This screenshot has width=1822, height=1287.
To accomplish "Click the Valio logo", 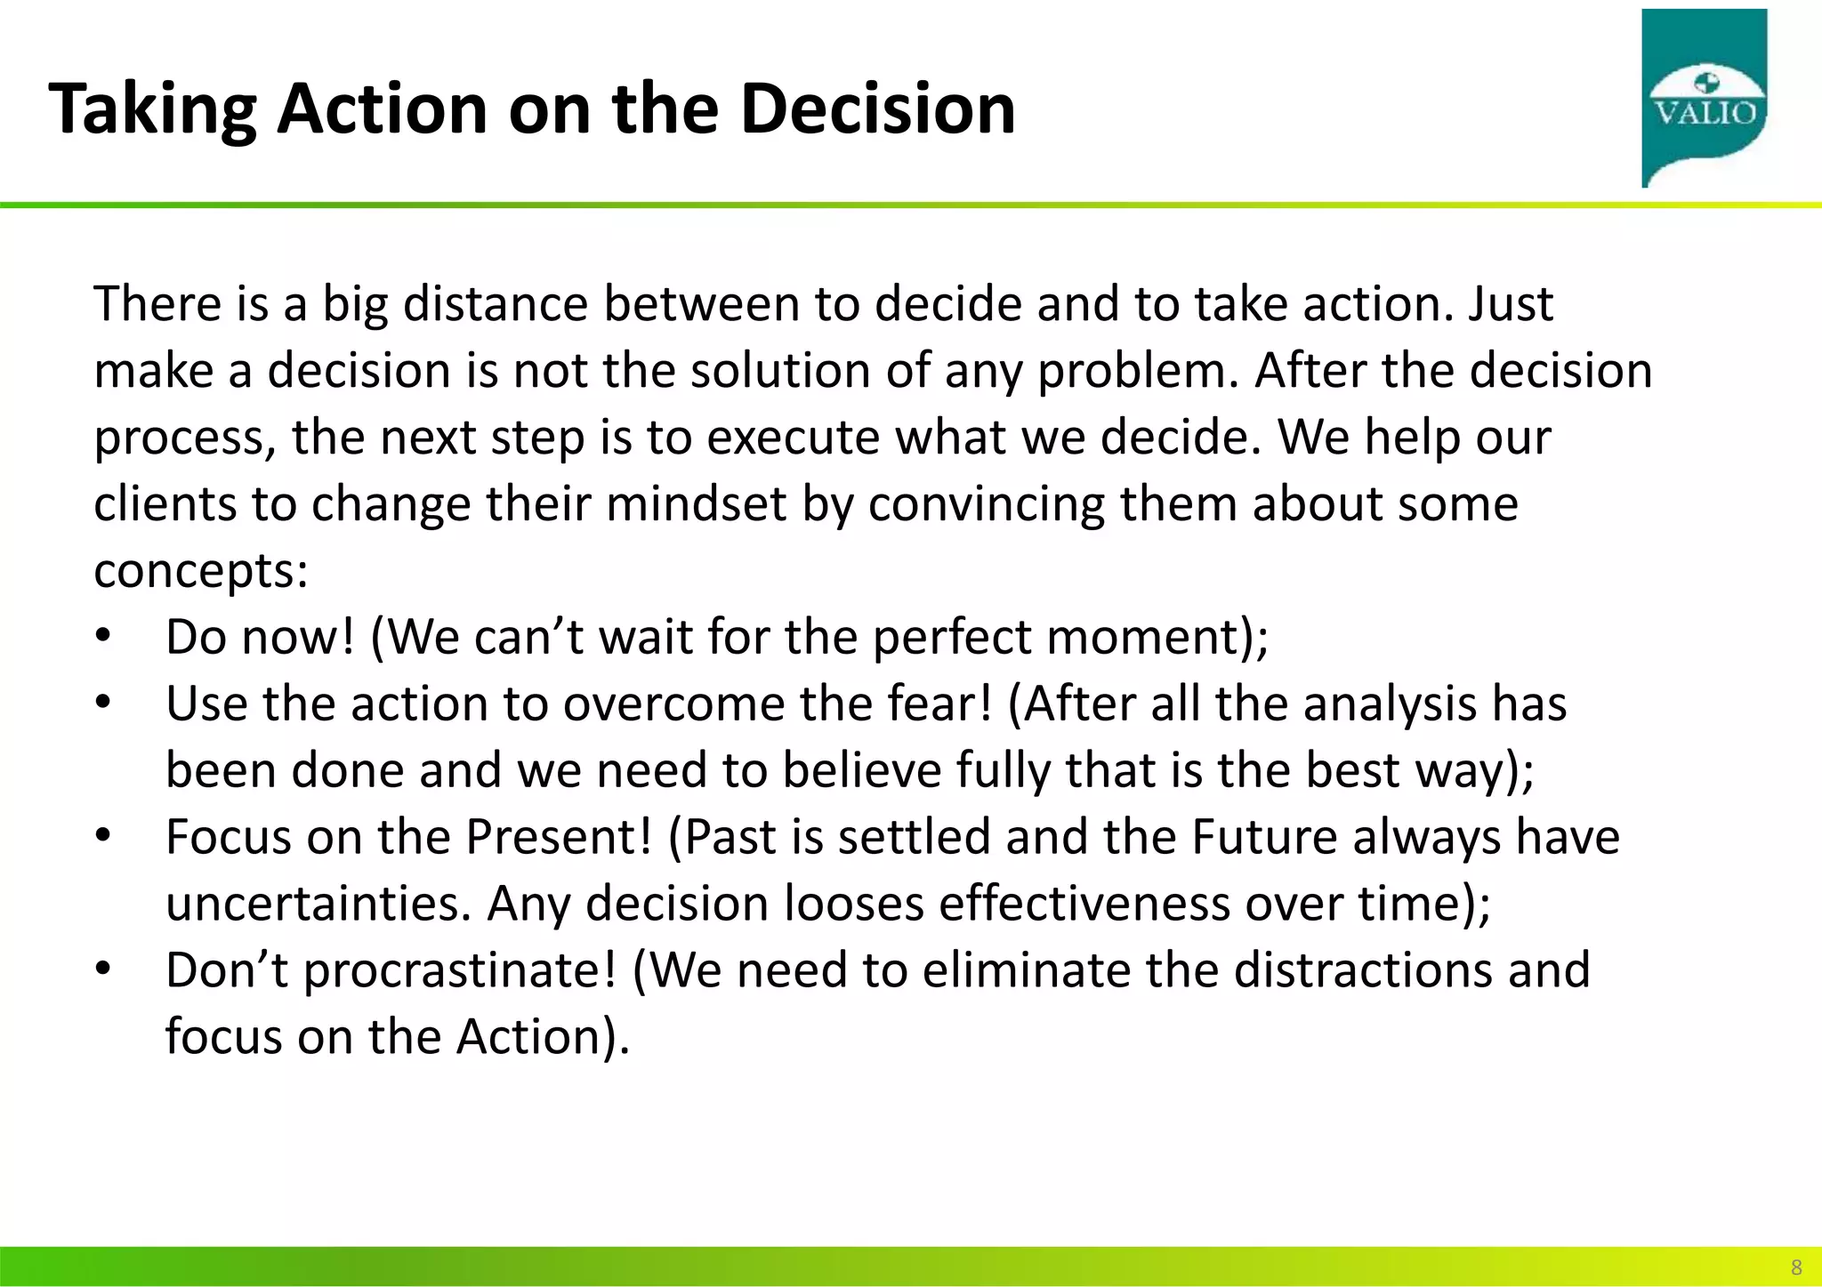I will click(x=1704, y=98).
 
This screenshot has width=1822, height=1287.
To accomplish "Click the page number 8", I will click(x=1795, y=1267).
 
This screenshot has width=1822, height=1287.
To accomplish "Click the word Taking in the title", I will click(x=152, y=109).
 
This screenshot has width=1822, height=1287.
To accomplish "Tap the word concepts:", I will click(x=201, y=571).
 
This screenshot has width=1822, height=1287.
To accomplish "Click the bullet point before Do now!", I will click(x=103, y=637).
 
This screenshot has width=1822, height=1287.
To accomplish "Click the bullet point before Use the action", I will click(x=103, y=704).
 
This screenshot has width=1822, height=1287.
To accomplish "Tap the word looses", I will click(x=854, y=904).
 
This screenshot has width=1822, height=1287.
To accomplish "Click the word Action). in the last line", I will click(x=543, y=1037).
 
